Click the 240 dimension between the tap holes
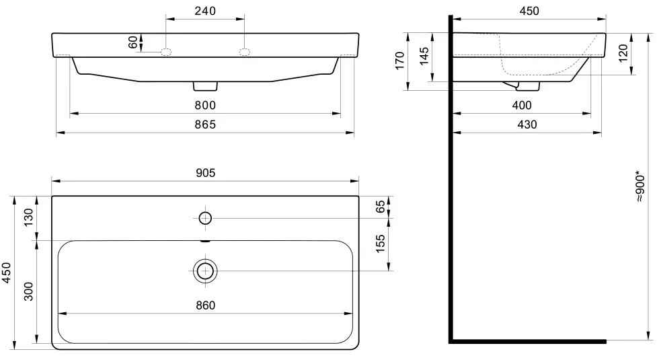(205, 11)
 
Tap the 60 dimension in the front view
(133, 42)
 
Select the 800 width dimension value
(205, 105)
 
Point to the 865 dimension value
(205, 124)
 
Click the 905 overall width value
(205, 173)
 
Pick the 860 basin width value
(205, 305)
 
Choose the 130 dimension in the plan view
(28, 217)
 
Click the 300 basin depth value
(28, 291)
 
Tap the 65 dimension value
(380, 206)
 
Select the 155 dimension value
(380, 244)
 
